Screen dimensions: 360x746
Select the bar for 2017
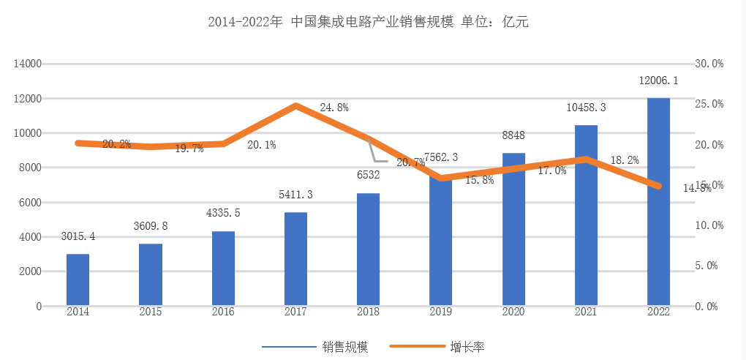point(295,259)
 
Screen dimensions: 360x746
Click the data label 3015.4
point(78,236)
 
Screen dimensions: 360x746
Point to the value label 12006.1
point(658,80)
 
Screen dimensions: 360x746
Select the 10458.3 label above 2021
point(586,108)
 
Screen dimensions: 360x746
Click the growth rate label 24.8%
point(334,108)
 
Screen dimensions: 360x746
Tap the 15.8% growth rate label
point(479,180)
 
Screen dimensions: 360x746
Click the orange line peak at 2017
point(295,105)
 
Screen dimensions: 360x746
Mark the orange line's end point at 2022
point(658,187)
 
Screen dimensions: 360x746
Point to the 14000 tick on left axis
point(28,64)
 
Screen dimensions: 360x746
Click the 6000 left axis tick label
point(30,203)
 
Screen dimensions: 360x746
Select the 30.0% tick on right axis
point(708,64)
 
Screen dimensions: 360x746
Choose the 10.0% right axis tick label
point(708,225)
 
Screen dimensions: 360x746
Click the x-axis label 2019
point(441,312)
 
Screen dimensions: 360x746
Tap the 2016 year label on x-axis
point(223,312)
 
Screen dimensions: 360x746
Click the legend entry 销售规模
point(344,347)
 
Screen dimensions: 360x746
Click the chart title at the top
point(368,23)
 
